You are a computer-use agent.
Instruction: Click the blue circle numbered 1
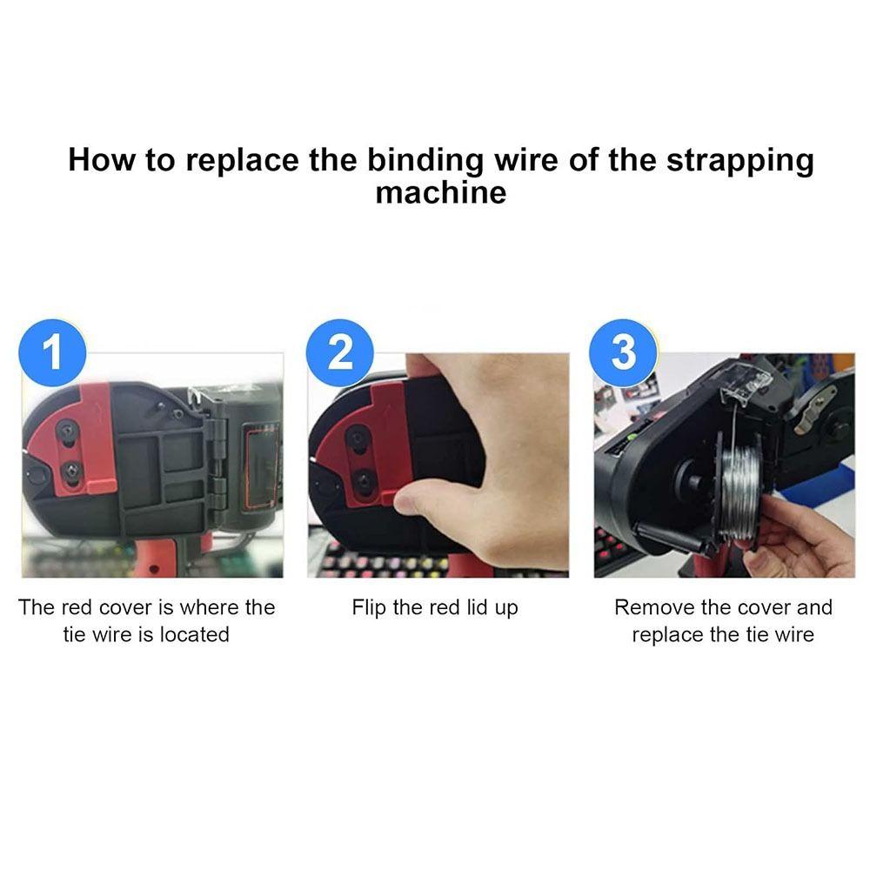[52, 352]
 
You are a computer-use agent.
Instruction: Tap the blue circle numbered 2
[339, 352]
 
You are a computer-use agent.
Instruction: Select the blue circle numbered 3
[623, 352]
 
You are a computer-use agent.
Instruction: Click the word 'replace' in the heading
[243, 161]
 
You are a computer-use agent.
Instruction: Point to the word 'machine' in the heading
[441, 193]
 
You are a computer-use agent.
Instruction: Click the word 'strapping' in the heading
[740, 161]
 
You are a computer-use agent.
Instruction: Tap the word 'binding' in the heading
[425, 161]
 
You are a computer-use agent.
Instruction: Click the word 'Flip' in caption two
[368, 608]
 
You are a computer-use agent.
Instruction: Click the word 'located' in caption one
[194, 634]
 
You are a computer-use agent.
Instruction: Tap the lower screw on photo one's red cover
[71, 471]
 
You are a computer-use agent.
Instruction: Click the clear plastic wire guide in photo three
[746, 383]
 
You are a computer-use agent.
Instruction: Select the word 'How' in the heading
[102, 160]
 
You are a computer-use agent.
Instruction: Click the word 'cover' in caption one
[125, 607]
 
